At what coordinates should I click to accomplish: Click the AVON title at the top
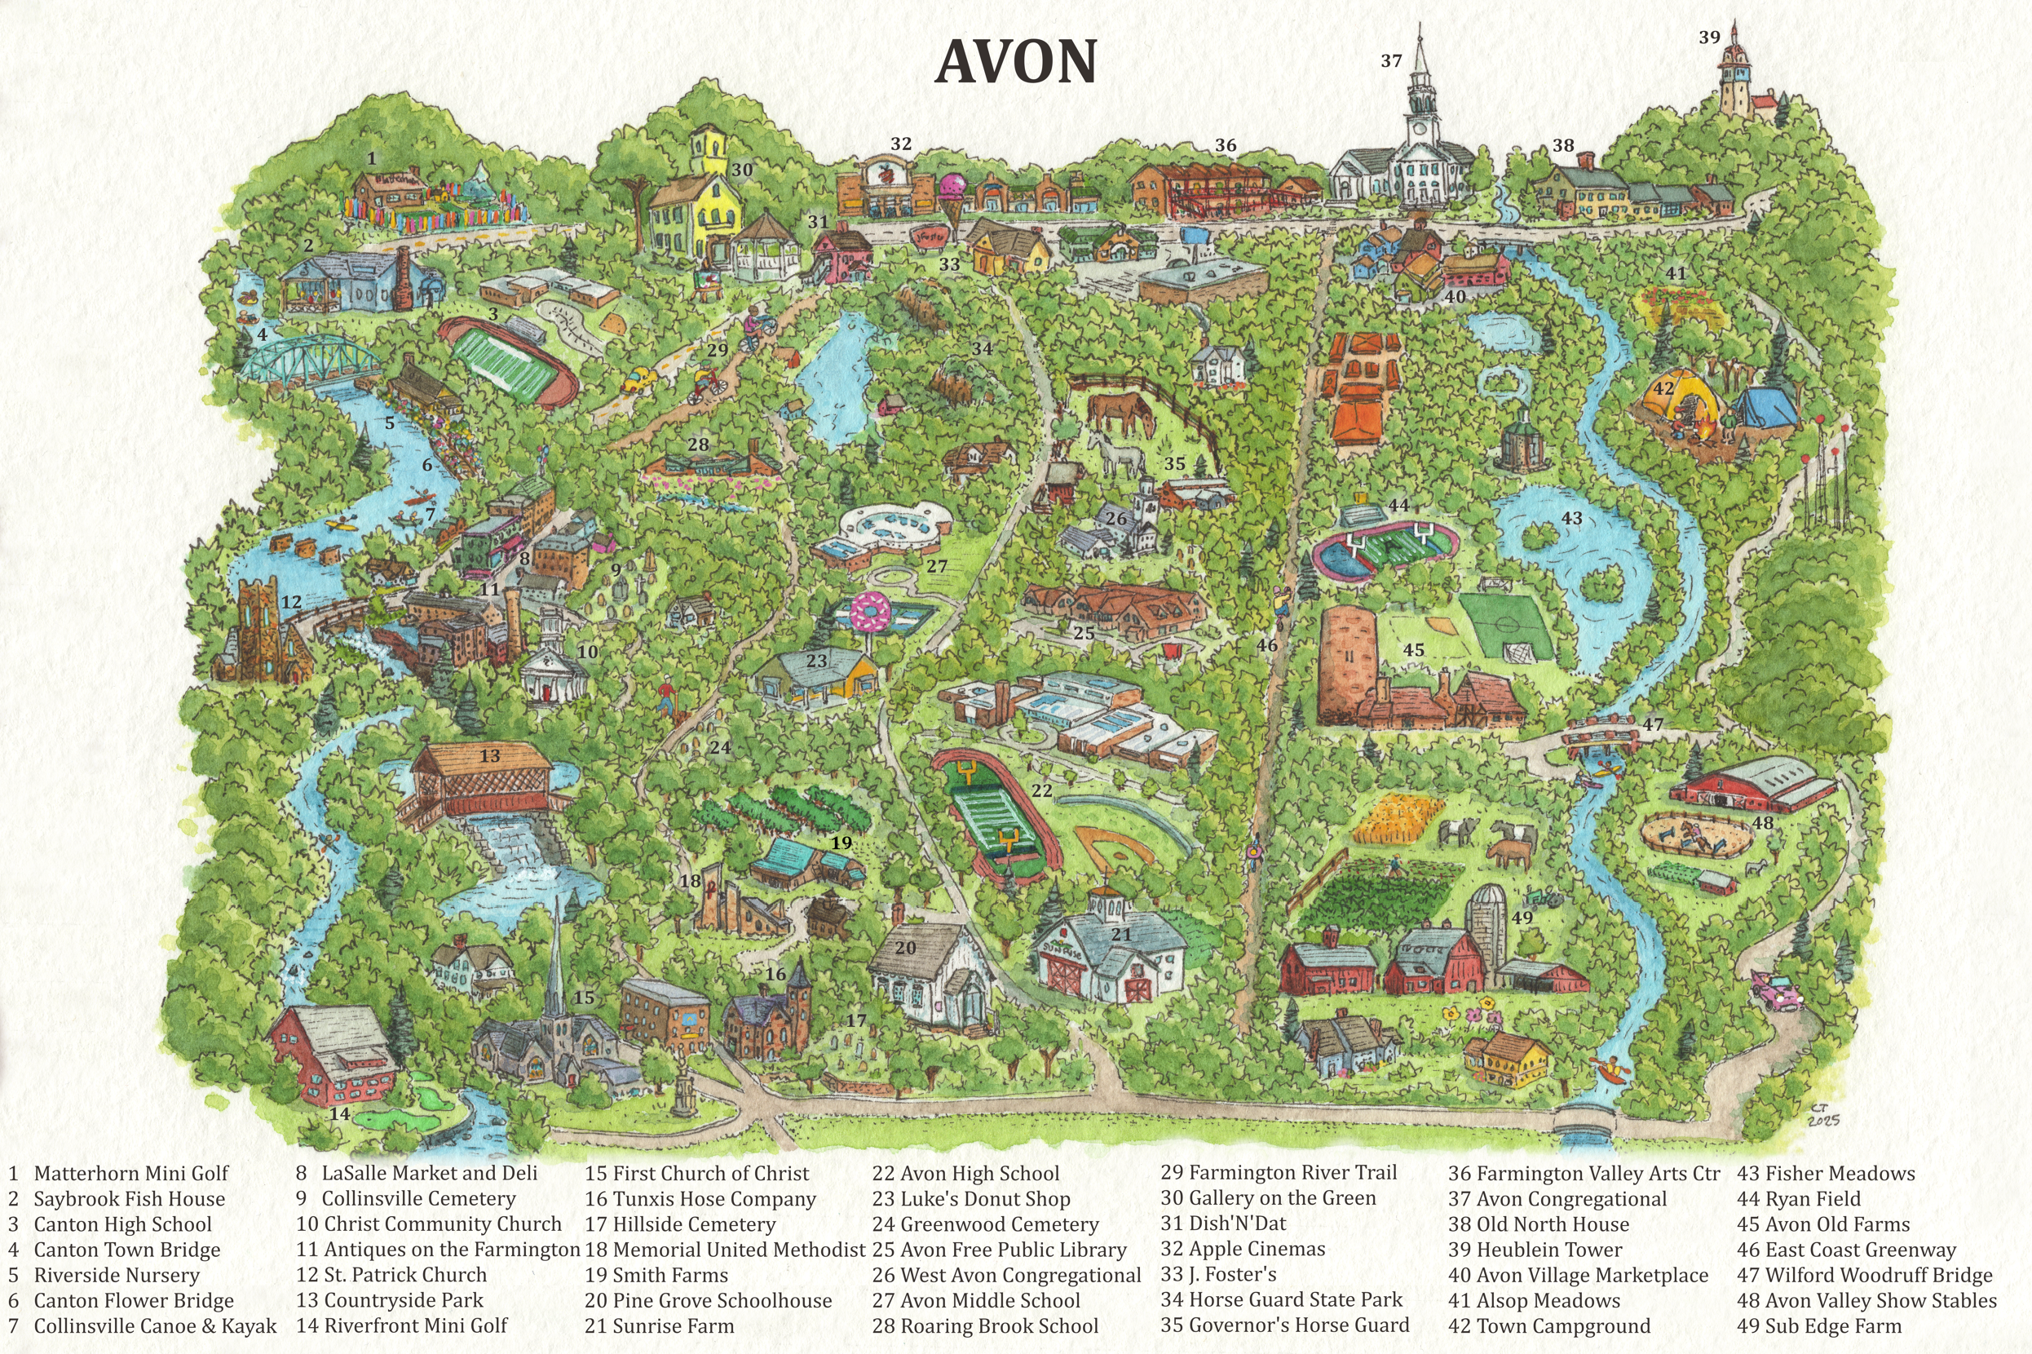click(1015, 62)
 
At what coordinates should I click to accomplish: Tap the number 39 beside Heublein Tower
click(1709, 38)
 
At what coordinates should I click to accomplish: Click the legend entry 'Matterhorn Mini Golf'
click(130, 1174)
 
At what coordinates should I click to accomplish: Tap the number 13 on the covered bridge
click(489, 755)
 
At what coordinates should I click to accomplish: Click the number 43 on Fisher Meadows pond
click(1572, 518)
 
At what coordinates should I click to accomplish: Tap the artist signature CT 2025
click(1823, 1115)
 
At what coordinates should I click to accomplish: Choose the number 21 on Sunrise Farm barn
click(1120, 934)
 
